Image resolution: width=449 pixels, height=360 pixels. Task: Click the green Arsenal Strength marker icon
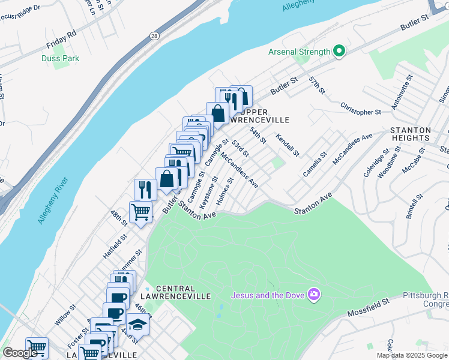pos(339,52)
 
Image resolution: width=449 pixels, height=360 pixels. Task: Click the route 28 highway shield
pos(155,35)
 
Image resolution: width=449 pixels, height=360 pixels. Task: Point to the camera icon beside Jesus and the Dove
pos(313,295)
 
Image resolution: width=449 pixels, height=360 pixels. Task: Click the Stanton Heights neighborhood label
pos(411,134)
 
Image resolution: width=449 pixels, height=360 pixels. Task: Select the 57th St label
pos(316,85)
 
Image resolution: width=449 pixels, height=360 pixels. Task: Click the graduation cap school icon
pos(137,324)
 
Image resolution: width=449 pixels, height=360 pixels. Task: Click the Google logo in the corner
pos(20,353)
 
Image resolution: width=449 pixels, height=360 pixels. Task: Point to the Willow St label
pos(65,314)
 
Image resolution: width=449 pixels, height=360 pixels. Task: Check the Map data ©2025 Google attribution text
pos(411,355)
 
